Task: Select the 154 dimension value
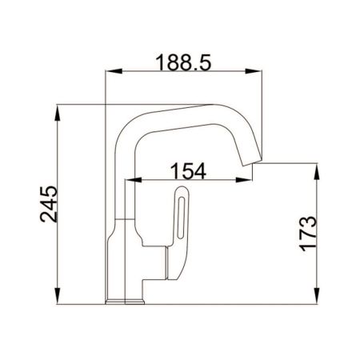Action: (189, 170)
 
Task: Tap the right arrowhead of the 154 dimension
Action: (250, 180)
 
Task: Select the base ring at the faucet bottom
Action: (126, 302)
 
